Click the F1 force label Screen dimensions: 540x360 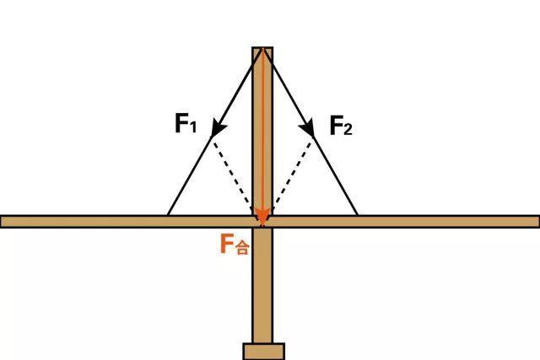click(x=186, y=123)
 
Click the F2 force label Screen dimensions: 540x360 click(x=341, y=126)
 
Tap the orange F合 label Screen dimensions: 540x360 click(x=235, y=244)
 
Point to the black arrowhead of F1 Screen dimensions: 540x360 click(x=219, y=127)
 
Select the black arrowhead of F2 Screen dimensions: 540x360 click(x=307, y=127)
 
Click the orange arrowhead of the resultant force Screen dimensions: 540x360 click(x=262, y=216)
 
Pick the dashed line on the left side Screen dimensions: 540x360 click(x=234, y=175)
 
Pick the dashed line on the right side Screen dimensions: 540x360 click(x=292, y=175)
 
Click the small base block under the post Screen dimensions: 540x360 click(x=264, y=352)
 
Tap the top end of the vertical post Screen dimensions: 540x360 click(x=262, y=47)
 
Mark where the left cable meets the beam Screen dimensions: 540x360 click(x=168, y=216)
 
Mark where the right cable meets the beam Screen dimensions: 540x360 click(x=358, y=216)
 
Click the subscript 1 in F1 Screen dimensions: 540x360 click(x=193, y=127)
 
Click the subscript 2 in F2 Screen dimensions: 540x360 click(x=348, y=129)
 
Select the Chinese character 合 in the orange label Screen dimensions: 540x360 click(x=242, y=248)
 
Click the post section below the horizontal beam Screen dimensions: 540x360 click(x=262, y=285)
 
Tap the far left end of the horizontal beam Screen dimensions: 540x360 click(x=1, y=222)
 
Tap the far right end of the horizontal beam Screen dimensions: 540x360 click(x=538, y=222)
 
